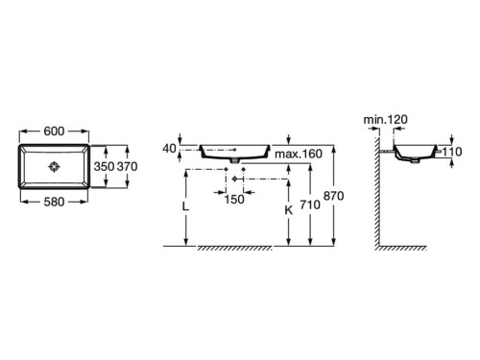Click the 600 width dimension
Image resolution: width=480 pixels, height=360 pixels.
(54, 132)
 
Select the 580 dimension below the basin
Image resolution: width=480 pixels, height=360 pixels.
(54, 202)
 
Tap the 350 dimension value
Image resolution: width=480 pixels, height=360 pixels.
(104, 166)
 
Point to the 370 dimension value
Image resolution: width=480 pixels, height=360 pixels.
(127, 166)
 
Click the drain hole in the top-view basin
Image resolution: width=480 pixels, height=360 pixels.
(54, 167)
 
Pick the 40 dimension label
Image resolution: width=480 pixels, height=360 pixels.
(169, 149)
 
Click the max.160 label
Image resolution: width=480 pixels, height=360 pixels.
(299, 154)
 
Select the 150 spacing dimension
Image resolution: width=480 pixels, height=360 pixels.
(234, 200)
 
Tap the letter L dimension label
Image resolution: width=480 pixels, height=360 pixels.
(185, 206)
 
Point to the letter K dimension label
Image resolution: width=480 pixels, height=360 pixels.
(289, 210)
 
